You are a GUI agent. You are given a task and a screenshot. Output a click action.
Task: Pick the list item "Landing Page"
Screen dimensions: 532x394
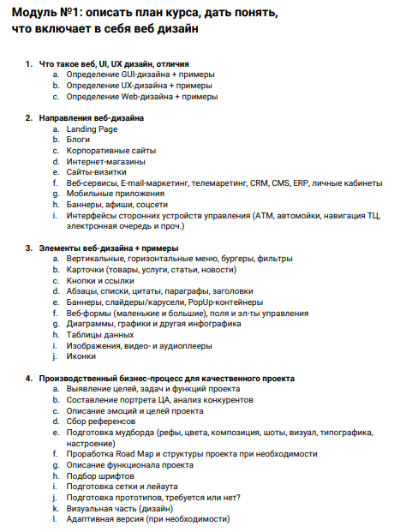(92, 129)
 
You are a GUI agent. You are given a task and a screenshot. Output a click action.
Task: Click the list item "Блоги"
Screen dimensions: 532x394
(78, 139)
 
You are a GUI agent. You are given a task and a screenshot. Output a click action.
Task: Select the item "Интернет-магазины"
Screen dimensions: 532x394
(105, 161)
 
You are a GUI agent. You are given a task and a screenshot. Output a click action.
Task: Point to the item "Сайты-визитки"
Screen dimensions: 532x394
(96, 171)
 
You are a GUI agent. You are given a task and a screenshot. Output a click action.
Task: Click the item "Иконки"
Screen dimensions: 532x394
(81, 356)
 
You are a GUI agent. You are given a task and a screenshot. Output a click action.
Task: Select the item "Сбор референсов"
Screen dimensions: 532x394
(100, 421)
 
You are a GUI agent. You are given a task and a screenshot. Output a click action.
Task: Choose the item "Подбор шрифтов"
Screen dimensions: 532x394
(99, 475)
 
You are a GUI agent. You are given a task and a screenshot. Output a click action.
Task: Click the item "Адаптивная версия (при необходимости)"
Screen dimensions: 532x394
(147, 519)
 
